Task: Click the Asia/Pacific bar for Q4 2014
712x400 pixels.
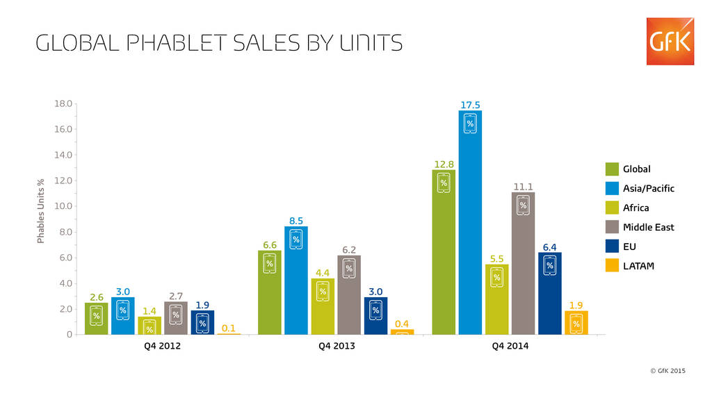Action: point(470,222)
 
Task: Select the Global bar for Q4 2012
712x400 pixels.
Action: point(96,318)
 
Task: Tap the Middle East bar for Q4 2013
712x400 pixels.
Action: point(349,294)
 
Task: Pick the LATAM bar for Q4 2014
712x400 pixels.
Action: point(576,322)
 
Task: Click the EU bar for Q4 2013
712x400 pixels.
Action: point(375,315)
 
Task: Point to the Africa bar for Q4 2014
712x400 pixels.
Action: point(496,299)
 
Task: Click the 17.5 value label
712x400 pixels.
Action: point(470,105)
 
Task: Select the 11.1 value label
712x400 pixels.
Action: point(523,187)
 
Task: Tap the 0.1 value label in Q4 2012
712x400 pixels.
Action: point(229,328)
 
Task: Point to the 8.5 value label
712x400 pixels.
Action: point(296,221)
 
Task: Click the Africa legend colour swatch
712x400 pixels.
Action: point(612,207)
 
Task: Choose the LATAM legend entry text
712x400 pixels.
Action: point(638,265)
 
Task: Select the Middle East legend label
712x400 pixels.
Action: point(648,226)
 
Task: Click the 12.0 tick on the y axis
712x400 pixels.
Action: point(63,181)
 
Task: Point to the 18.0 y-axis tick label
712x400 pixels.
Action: point(63,103)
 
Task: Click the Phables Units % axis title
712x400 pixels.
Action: point(41,211)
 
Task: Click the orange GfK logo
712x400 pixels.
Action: point(670,42)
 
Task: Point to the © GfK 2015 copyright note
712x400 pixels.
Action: point(667,371)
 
